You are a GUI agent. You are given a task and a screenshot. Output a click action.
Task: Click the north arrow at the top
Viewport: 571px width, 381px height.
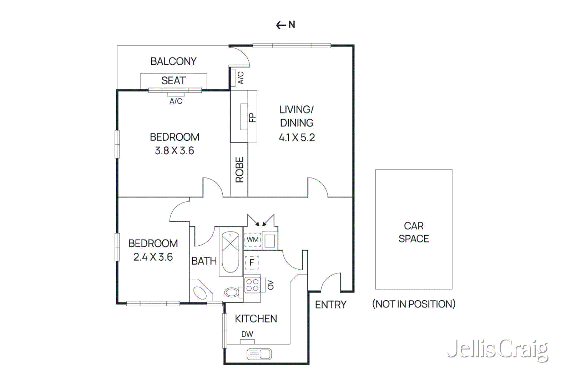pyautogui.click(x=285, y=25)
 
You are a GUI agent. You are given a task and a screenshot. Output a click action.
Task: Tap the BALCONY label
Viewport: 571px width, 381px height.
pyautogui.click(x=173, y=61)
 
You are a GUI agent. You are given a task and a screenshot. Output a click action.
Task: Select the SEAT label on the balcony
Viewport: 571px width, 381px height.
pyautogui.click(x=173, y=81)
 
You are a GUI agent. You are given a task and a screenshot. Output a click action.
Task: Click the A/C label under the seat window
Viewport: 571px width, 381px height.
pyautogui.click(x=176, y=101)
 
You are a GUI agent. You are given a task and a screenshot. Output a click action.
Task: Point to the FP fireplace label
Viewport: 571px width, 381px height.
pyautogui.click(x=252, y=117)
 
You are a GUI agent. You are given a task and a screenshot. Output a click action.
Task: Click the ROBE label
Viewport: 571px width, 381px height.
pyautogui.click(x=239, y=170)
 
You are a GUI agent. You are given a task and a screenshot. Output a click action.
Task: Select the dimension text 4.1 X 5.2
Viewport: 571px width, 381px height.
pyautogui.click(x=297, y=137)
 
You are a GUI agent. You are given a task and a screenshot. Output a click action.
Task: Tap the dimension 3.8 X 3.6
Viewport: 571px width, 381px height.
pyautogui.click(x=174, y=151)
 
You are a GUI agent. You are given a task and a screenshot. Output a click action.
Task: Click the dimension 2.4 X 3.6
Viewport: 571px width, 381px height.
pyautogui.click(x=153, y=257)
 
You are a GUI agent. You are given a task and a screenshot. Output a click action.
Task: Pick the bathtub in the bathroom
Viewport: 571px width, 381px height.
pyautogui.click(x=231, y=252)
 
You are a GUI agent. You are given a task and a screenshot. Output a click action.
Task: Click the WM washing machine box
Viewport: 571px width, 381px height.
pyautogui.click(x=253, y=240)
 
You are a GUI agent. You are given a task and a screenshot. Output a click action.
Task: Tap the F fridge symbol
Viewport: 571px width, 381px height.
pyautogui.click(x=252, y=263)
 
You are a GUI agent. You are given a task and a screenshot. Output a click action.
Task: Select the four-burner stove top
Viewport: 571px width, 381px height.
pyautogui.click(x=252, y=285)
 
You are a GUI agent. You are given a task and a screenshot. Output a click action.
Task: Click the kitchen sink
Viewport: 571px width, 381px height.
pyautogui.click(x=259, y=354)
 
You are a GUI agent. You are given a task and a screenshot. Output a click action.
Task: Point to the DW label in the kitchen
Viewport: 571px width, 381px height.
pyautogui.click(x=247, y=334)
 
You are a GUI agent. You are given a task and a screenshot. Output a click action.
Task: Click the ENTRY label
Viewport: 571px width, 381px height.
pyautogui.click(x=330, y=305)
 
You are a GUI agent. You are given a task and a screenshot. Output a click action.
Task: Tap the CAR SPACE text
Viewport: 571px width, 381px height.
pyautogui.click(x=414, y=232)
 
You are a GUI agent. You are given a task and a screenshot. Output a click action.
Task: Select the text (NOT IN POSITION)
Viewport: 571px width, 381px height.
pyautogui.click(x=414, y=304)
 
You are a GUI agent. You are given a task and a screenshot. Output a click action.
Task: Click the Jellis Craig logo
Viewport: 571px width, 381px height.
pyautogui.click(x=497, y=350)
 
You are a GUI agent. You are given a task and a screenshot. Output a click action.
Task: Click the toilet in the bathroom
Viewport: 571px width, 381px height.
pyautogui.click(x=232, y=292)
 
